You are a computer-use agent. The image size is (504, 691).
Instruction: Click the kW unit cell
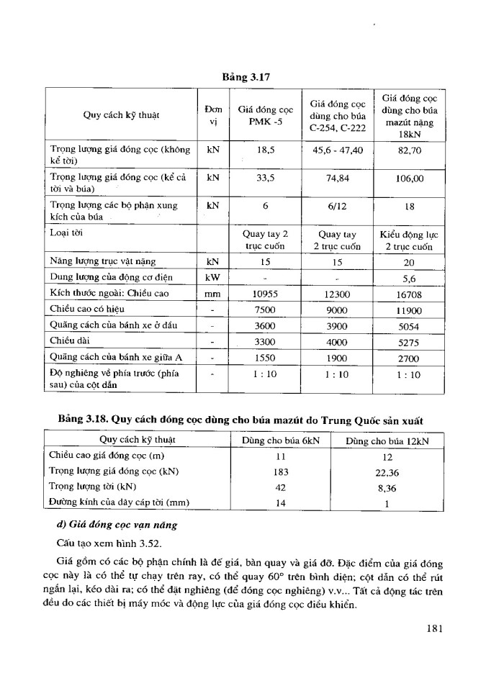(212, 276)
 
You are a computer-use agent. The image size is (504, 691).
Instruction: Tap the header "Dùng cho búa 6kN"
(282, 441)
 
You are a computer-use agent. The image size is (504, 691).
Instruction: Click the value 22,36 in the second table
(387, 471)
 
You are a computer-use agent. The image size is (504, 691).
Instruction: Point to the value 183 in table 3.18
(282, 471)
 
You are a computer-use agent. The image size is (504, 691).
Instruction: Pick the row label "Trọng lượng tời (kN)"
(96, 487)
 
